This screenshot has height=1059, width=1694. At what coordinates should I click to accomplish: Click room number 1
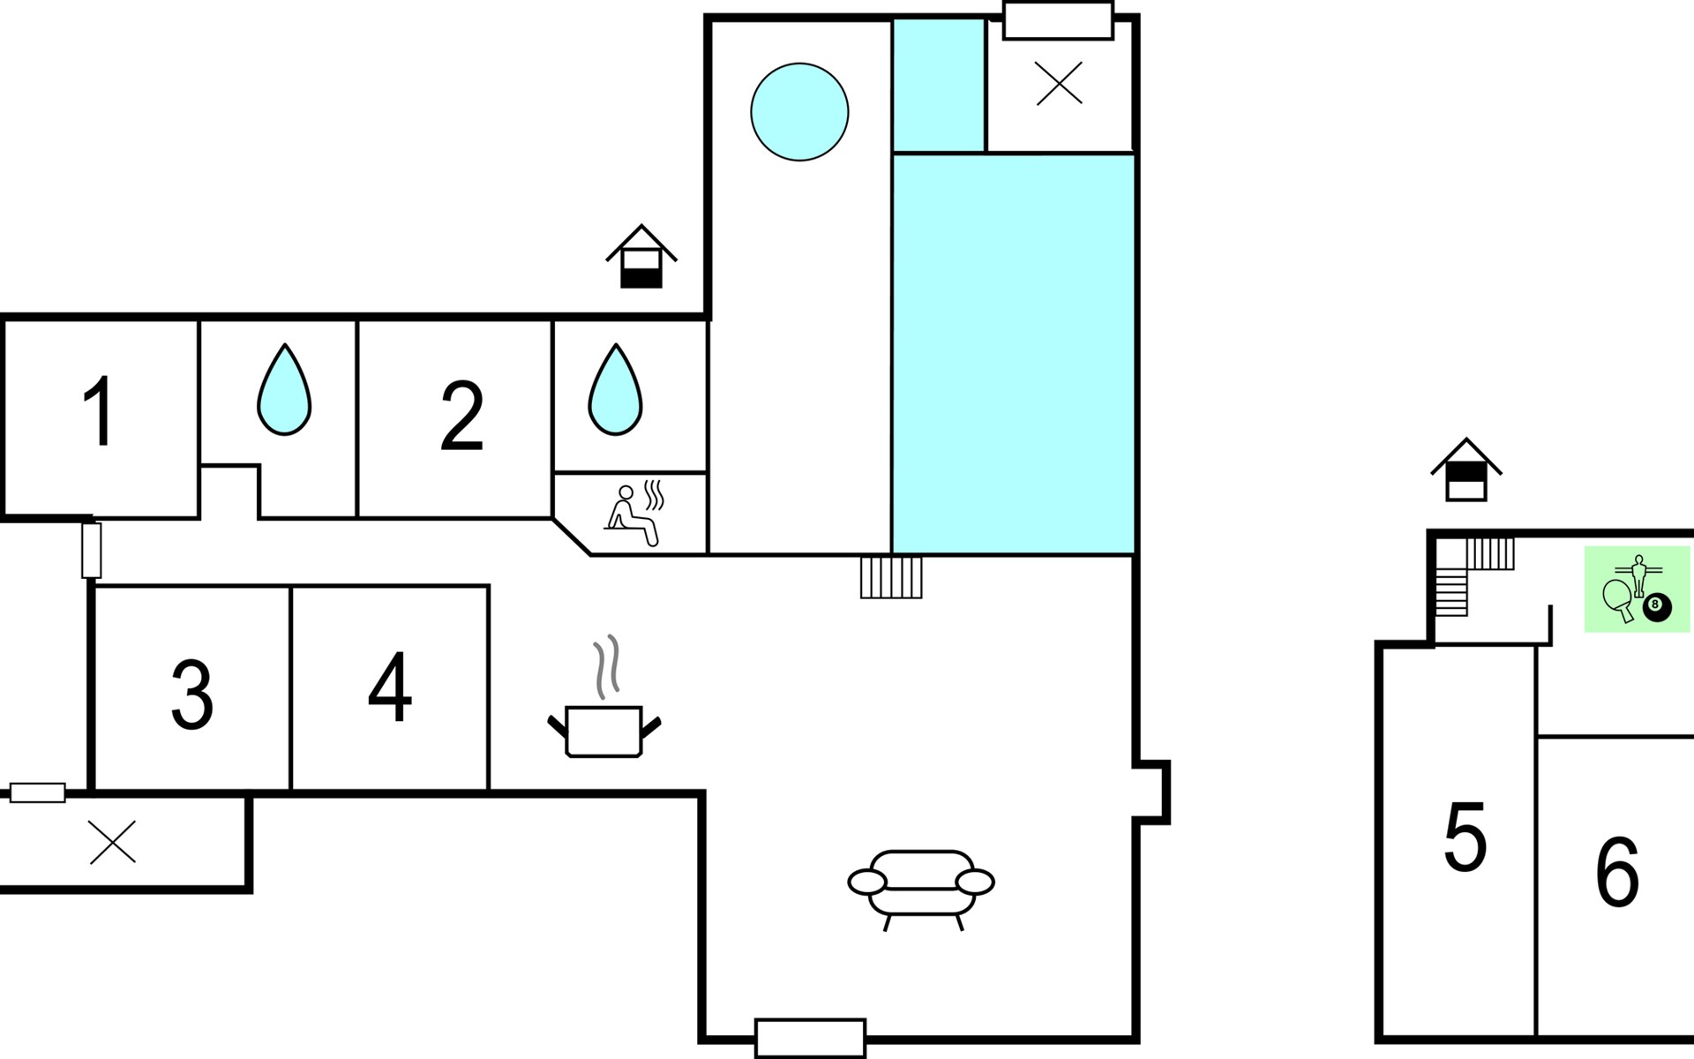(x=99, y=411)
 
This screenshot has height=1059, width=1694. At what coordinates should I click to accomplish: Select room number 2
(x=461, y=416)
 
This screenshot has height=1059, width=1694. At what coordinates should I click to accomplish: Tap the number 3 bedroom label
(x=192, y=695)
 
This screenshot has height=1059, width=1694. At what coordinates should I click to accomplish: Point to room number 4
(x=390, y=687)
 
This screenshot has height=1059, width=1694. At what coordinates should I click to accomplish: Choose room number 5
(x=1465, y=837)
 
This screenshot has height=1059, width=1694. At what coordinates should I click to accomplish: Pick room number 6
(x=1617, y=872)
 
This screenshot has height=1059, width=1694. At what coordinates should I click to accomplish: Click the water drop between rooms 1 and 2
(x=284, y=389)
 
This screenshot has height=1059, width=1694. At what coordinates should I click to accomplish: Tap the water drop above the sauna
(x=615, y=389)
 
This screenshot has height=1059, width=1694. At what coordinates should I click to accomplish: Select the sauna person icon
(x=633, y=514)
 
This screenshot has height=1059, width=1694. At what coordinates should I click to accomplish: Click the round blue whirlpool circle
(x=799, y=112)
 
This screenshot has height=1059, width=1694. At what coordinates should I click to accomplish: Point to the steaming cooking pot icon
(x=604, y=697)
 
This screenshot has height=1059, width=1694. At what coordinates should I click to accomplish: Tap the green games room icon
(x=1638, y=589)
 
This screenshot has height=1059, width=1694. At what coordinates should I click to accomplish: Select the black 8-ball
(x=1657, y=607)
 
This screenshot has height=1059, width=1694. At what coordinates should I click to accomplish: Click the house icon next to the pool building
(x=641, y=257)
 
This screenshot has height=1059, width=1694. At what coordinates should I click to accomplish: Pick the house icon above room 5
(x=1466, y=469)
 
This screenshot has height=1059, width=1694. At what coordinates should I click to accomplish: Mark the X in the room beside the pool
(x=1059, y=86)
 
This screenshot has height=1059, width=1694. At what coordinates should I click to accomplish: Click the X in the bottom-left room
(x=113, y=842)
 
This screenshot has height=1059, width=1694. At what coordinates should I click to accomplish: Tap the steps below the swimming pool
(x=891, y=577)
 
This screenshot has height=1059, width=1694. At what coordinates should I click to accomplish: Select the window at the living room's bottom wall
(x=811, y=1038)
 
